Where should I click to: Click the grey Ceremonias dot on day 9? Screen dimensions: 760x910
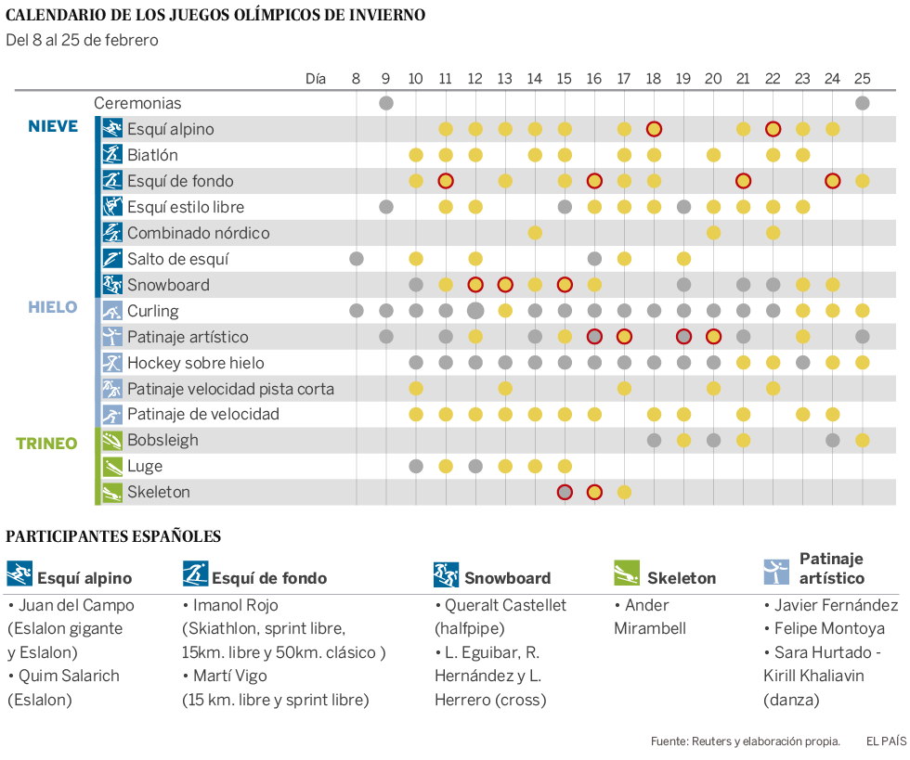click(x=386, y=103)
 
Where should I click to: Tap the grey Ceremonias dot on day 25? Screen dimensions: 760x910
click(x=862, y=103)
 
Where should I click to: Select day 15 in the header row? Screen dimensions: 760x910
click(x=565, y=79)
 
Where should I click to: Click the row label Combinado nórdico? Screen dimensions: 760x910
click(x=198, y=233)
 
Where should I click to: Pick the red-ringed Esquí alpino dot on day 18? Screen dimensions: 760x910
click(x=654, y=129)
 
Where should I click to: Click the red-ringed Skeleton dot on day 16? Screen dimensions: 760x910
click(x=594, y=492)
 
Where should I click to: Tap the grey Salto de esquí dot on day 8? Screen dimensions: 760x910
click(x=357, y=259)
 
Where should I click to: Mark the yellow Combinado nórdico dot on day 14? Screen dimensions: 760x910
click(x=535, y=233)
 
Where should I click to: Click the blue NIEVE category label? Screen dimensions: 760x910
click(x=53, y=126)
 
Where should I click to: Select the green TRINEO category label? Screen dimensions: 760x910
click(x=46, y=444)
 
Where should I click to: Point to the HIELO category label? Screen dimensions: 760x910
click(x=52, y=307)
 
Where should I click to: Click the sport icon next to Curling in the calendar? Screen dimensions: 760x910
click(x=111, y=311)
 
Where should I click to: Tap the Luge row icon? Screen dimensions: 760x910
click(x=111, y=466)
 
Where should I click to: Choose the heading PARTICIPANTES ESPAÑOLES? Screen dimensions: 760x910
click(x=113, y=535)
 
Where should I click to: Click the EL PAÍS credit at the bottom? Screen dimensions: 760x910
click(x=886, y=741)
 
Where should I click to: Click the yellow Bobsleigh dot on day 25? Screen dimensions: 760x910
click(x=862, y=440)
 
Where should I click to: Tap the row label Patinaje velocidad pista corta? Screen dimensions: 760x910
click(x=230, y=388)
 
